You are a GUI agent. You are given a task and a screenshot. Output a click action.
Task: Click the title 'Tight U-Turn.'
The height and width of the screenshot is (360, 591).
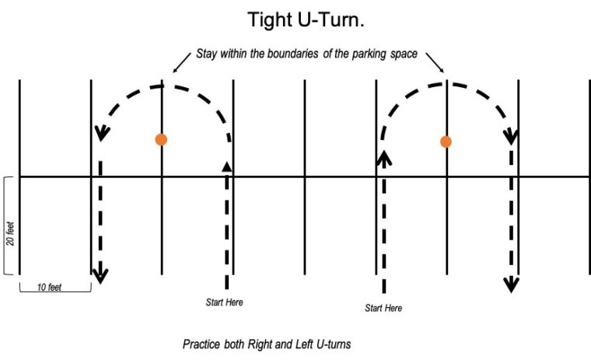(306, 20)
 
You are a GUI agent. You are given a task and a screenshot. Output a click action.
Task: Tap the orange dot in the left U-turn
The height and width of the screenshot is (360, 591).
(161, 139)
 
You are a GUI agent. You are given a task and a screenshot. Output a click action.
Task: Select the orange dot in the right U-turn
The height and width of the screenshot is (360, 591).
(446, 142)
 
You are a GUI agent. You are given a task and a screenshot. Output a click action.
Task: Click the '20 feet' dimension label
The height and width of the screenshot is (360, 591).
(10, 234)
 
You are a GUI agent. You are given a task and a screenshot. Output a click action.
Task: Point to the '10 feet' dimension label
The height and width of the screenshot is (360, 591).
(49, 287)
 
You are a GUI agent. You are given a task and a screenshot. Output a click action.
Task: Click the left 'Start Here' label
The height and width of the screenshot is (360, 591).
(224, 302)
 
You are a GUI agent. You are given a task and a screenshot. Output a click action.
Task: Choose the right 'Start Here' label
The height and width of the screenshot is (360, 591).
(383, 308)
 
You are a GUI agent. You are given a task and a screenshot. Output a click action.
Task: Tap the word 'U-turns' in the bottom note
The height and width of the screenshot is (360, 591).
(334, 344)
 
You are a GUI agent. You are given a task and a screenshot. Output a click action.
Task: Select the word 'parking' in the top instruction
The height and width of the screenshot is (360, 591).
(369, 54)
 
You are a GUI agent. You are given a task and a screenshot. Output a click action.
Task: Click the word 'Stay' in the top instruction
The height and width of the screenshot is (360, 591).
(207, 54)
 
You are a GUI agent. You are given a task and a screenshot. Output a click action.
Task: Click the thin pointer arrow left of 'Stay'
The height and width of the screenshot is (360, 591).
(182, 62)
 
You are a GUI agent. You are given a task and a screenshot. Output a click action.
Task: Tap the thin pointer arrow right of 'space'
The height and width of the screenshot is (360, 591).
(435, 62)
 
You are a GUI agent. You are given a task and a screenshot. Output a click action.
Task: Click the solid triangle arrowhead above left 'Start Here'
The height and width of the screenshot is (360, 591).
(227, 166)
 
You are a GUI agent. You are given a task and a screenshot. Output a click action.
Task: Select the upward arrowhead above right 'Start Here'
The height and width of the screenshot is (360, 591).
(384, 158)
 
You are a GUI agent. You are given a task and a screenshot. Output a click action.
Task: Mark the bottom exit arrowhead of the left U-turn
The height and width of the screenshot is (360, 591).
(100, 276)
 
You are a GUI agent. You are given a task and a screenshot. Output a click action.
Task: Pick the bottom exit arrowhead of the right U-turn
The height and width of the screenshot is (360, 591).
(511, 285)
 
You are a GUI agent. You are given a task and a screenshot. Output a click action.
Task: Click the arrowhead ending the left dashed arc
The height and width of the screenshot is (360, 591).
(101, 134)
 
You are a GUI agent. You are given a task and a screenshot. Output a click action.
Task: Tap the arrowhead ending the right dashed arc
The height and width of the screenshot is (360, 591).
(511, 137)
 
